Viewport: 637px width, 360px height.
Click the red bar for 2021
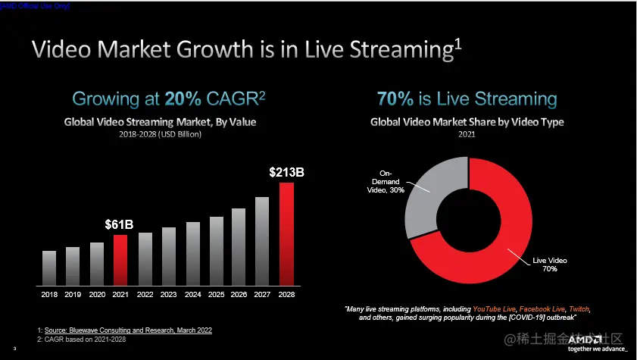[x=120, y=258]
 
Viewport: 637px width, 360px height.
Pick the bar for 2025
[x=216, y=249]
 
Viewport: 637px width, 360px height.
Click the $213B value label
[x=286, y=172]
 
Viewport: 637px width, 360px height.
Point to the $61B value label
[x=119, y=224]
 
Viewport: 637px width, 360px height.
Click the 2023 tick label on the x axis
[x=168, y=293]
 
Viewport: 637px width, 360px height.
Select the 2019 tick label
[x=73, y=293]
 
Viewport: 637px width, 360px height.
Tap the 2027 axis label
[x=263, y=293]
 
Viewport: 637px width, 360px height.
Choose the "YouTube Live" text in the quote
[x=495, y=309]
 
